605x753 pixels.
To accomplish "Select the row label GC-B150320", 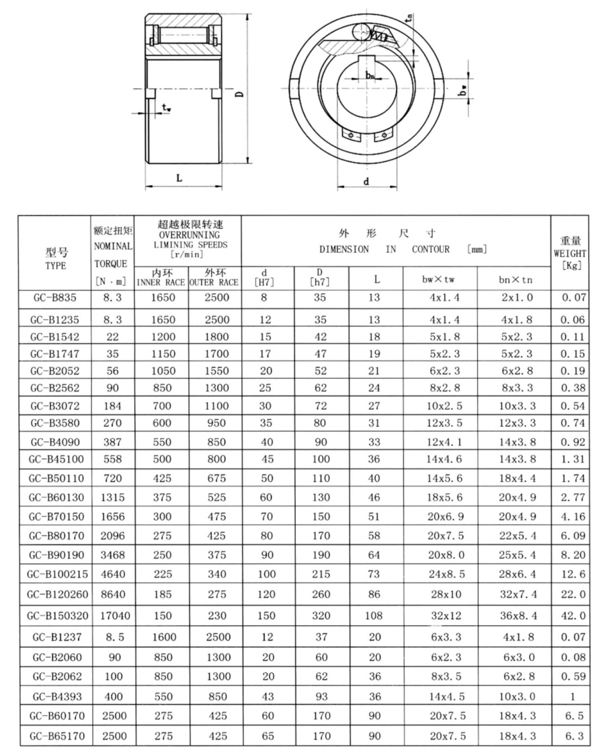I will (56, 615).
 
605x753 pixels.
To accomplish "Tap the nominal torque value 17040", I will (114, 615).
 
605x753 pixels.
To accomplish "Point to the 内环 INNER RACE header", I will (161, 277).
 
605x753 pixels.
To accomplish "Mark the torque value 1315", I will (114, 496).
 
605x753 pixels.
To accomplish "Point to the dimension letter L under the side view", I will (179, 177).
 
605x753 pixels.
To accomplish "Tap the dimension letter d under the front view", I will (366, 180).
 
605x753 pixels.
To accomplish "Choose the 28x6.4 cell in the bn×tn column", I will (513, 575).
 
